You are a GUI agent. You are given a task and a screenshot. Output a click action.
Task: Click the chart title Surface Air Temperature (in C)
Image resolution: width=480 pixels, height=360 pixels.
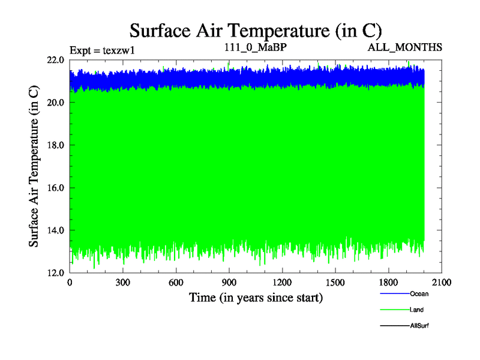(256, 31)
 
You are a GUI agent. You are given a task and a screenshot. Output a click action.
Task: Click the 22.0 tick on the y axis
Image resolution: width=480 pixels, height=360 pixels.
(56, 59)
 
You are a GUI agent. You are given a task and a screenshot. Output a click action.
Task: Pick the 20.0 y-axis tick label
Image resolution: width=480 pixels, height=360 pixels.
(56, 102)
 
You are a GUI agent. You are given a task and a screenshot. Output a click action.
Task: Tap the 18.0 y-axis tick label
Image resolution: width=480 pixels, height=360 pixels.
(56, 145)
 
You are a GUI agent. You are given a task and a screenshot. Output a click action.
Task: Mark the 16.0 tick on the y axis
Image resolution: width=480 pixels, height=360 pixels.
(56, 187)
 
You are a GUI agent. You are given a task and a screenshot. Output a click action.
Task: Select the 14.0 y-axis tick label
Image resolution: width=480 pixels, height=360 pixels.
(56, 230)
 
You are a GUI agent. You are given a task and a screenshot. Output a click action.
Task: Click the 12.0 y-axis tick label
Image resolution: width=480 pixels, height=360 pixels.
(56, 272)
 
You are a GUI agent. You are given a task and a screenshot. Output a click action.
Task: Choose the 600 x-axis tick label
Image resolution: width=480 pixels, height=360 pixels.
(176, 283)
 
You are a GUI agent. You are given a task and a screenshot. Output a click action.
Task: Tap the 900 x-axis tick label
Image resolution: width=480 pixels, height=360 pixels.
(229, 283)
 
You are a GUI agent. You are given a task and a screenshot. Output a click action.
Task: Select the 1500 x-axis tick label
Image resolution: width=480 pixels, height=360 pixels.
(335, 283)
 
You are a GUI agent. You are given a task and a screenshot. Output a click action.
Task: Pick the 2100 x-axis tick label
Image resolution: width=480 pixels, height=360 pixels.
(441, 283)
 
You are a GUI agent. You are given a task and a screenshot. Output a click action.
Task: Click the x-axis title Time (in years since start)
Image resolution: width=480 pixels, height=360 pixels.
(256, 297)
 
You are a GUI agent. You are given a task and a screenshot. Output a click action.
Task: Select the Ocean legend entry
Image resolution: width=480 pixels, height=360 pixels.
(419, 294)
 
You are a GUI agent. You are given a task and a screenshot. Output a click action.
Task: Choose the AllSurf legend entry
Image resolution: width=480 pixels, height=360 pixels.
(419, 325)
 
